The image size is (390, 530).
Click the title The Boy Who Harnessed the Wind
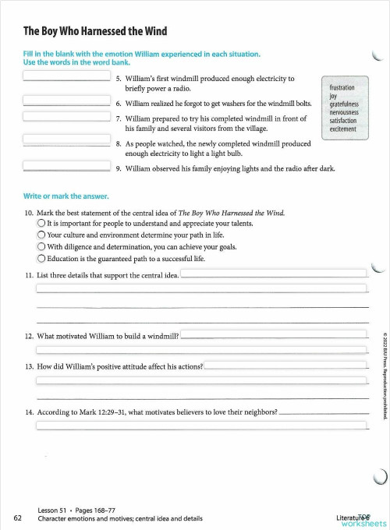point(95,31)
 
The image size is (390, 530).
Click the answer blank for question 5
point(66,76)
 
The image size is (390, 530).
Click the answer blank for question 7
point(66,116)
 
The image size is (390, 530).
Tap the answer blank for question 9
point(66,164)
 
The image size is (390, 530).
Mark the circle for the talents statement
point(41,223)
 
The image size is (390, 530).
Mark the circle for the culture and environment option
point(41,235)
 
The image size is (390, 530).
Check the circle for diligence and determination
point(41,247)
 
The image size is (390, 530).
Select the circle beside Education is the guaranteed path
point(41,259)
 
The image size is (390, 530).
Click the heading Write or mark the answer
point(66,195)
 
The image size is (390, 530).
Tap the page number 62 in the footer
point(17,517)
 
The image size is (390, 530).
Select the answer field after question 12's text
point(273,335)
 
